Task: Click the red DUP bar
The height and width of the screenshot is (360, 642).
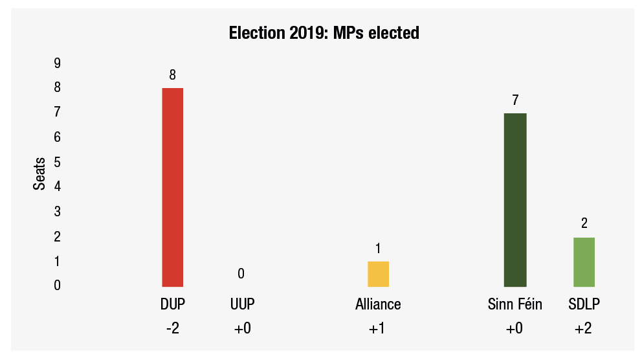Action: (x=172, y=186)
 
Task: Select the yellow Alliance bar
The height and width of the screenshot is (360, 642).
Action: (x=378, y=273)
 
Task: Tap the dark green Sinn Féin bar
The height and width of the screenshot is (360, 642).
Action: (x=515, y=199)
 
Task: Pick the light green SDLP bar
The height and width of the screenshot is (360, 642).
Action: (x=584, y=262)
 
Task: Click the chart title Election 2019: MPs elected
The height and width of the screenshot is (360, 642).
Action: (x=324, y=33)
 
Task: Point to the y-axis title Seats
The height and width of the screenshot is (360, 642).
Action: (x=40, y=174)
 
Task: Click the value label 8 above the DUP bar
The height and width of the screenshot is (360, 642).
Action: (x=172, y=75)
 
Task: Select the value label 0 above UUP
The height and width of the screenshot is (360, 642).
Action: (x=241, y=274)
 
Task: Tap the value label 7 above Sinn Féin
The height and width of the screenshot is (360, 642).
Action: (x=515, y=100)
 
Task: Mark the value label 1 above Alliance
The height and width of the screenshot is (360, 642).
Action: (x=378, y=249)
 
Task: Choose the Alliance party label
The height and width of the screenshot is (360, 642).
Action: (x=378, y=304)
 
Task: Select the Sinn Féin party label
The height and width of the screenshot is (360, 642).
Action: (x=515, y=304)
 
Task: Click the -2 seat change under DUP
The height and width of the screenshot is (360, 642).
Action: (x=172, y=329)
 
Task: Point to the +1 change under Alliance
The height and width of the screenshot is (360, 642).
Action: (x=377, y=329)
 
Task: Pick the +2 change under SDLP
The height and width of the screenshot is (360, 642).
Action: (x=583, y=329)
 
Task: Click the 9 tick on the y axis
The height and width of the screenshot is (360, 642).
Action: (x=58, y=63)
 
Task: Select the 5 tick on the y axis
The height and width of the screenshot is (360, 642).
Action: (x=58, y=162)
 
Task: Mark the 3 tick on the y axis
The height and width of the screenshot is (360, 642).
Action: (x=58, y=212)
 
